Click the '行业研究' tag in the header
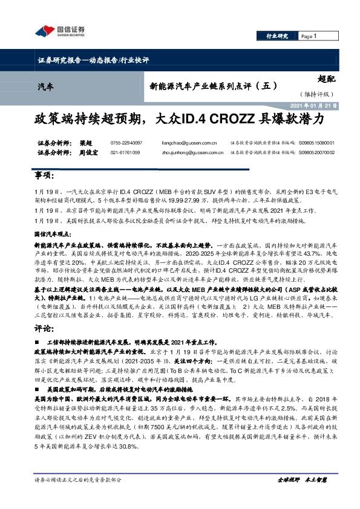(x=277, y=36)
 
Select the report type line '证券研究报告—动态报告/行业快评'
(x=93, y=60)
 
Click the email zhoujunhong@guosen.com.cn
(x=188, y=153)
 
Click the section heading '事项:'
(x=44, y=176)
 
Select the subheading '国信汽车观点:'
(x=51, y=232)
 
